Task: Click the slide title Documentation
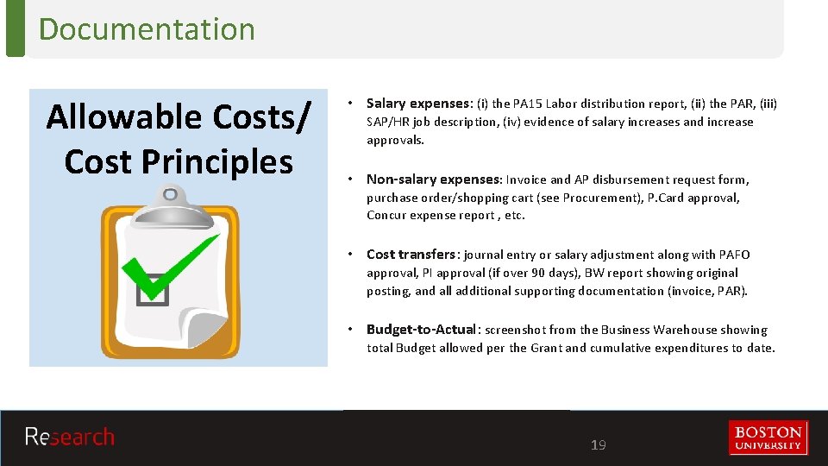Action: [x=147, y=28]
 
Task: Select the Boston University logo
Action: [x=768, y=437]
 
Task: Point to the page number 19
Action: [x=598, y=445]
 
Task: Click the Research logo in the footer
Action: [x=69, y=437]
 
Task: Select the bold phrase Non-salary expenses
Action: [x=433, y=179]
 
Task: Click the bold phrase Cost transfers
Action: [x=411, y=255]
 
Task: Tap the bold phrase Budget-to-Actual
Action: [x=421, y=330]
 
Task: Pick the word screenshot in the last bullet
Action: [x=516, y=330]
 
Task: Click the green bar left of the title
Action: [x=15, y=28]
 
